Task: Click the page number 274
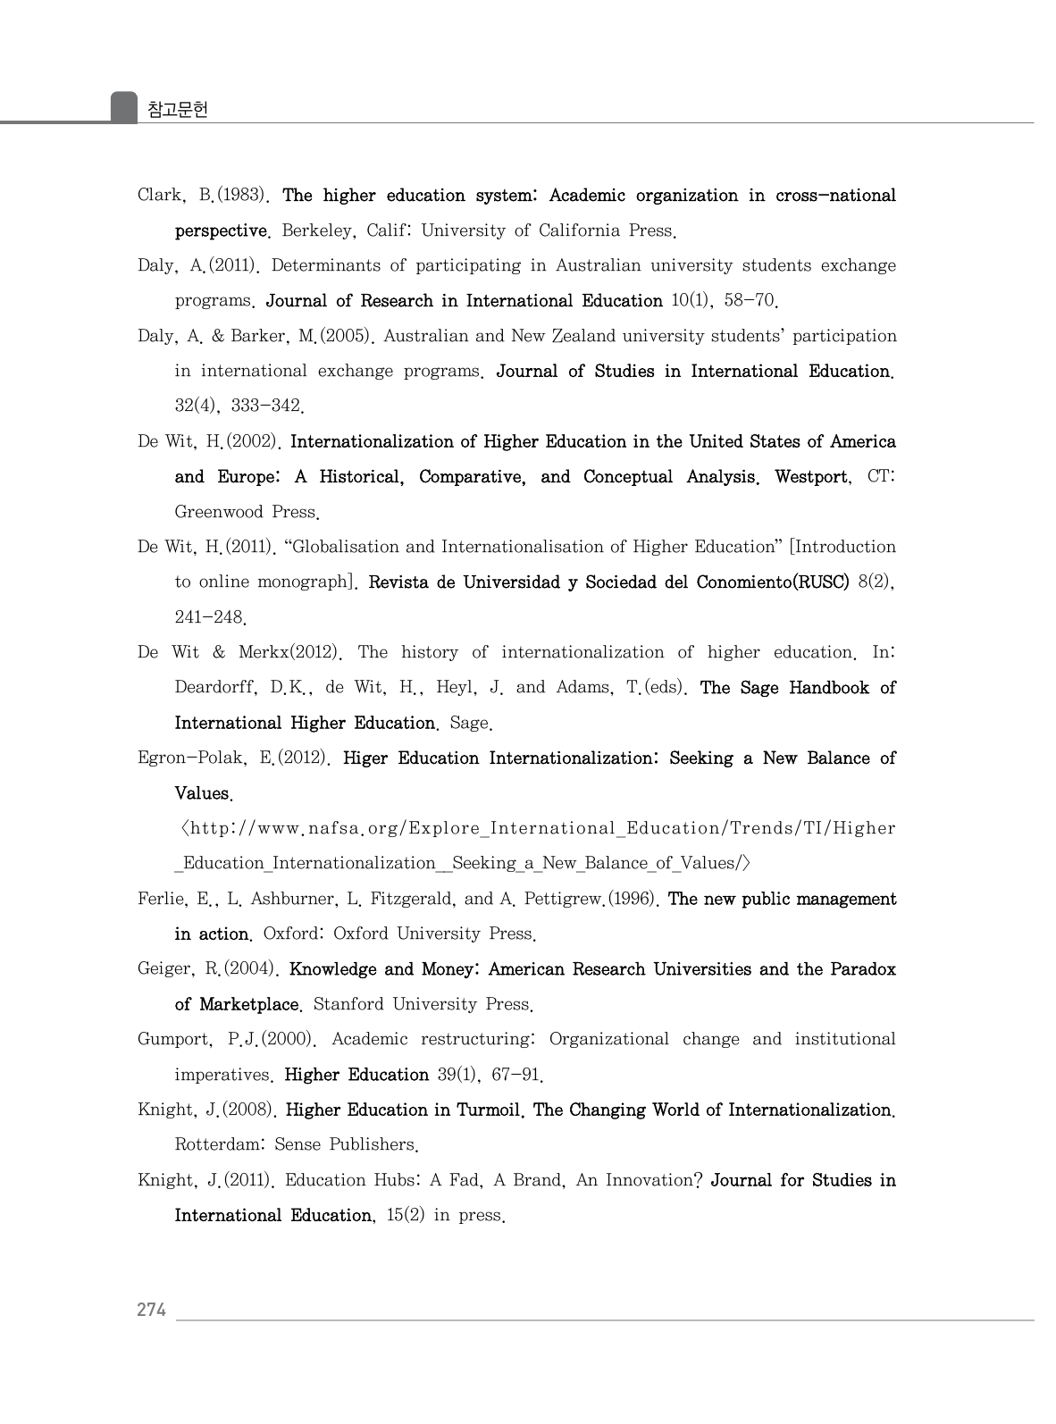click(x=151, y=1310)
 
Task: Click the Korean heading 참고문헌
click(x=177, y=110)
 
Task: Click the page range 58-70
click(x=751, y=301)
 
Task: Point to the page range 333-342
click(x=266, y=406)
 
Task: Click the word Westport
click(x=812, y=477)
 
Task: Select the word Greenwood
click(x=219, y=512)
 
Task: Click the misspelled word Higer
click(x=365, y=758)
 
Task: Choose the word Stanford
click(x=348, y=1004)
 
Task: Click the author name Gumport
click(x=174, y=1039)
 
